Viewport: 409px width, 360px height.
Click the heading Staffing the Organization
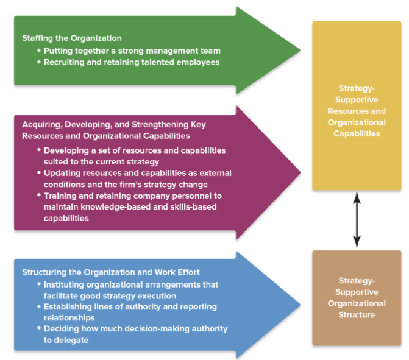[71, 38]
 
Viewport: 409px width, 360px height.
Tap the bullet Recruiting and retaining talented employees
[131, 62]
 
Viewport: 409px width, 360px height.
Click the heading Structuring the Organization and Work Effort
[110, 272]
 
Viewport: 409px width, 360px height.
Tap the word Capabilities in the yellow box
[357, 133]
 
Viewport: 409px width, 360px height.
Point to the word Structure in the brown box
[357, 315]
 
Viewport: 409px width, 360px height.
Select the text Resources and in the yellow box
[357, 111]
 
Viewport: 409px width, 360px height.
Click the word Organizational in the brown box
[357, 303]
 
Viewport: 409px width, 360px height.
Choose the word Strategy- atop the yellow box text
[357, 88]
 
